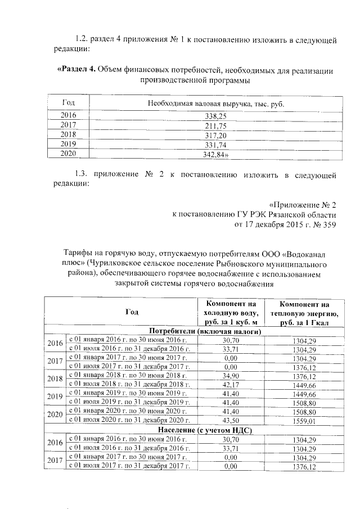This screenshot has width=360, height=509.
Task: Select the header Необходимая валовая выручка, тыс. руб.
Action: pyautogui.click(x=216, y=104)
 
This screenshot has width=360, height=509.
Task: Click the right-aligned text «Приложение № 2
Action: pyautogui.click(x=303, y=204)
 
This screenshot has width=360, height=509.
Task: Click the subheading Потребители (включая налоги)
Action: pyautogui.click(x=194, y=331)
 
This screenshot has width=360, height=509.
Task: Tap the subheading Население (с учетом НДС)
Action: pyautogui.click(x=195, y=430)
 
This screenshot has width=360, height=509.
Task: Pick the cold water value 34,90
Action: pyautogui.click(x=232, y=376)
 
